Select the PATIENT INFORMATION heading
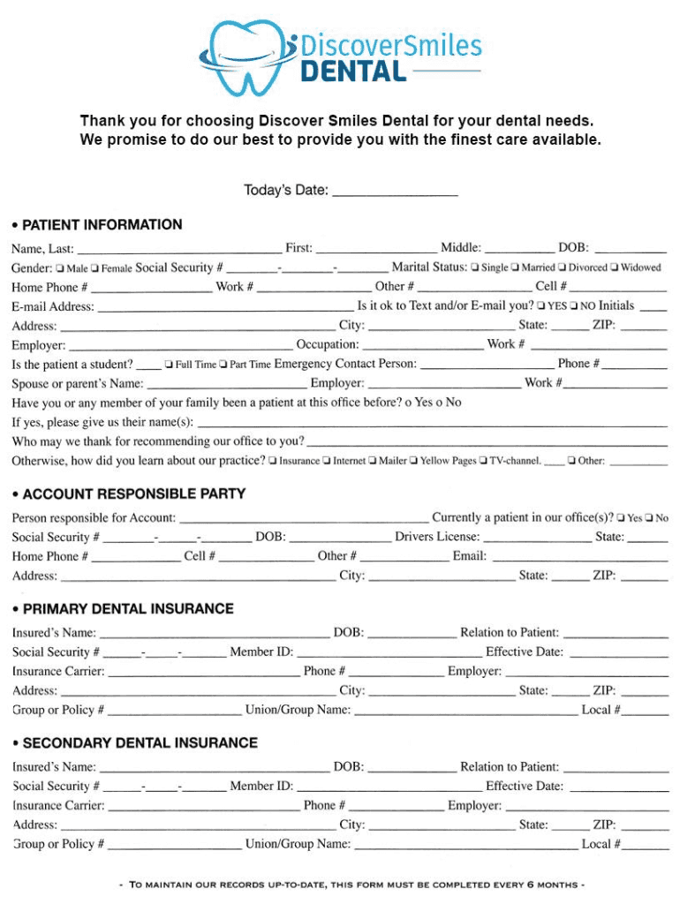coord(102,225)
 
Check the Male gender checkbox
coord(59,267)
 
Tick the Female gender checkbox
coord(94,267)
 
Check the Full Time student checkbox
coord(168,365)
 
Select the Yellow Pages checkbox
coord(413,461)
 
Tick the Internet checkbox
coord(327,461)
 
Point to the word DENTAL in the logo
coord(353,71)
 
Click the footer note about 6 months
coord(351,885)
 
